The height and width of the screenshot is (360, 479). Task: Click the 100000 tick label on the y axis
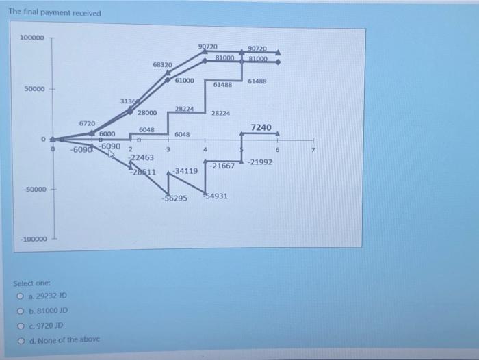tap(33, 37)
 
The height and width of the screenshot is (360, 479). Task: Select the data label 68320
tap(162, 64)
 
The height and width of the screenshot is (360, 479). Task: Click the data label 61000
tap(185, 81)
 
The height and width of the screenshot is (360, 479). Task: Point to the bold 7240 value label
tap(261, 127)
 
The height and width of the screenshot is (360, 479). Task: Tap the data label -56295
tap(175, 198)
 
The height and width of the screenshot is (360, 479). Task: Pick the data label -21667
tap(223, 166)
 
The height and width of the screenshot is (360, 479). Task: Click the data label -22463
tap(141, 157)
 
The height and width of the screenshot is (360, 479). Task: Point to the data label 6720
tap(87, 123)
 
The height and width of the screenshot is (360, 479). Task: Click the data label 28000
tap(147, 113)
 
